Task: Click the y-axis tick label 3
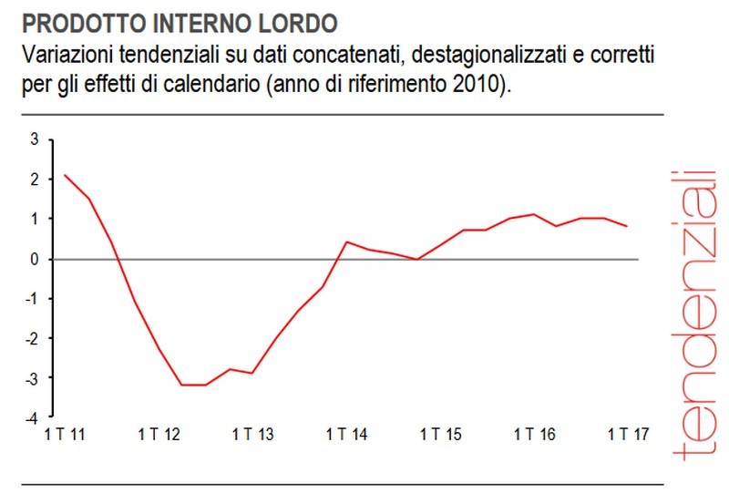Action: (x=35, y=139)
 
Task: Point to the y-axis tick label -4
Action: (x=32, y=417)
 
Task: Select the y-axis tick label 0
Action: (x=35, y=259)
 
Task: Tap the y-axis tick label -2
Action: (x=32, y=338)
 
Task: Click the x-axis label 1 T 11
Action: (x=65, y=435)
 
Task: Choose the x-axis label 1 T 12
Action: (x=159, y=435)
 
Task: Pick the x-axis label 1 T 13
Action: (x=252, y=435)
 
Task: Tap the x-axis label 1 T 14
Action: (x=346, y=435)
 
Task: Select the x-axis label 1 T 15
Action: (x=440, y=435)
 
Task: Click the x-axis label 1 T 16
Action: (x=534, y=435)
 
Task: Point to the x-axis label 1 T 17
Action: (x=627, y=435)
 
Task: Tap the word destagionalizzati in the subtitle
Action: (x=480, y=56)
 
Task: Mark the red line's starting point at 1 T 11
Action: (x=65, y=175)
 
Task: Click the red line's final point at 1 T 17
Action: (x=627, y=226)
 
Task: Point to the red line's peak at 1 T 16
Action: (x=534, y=214)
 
